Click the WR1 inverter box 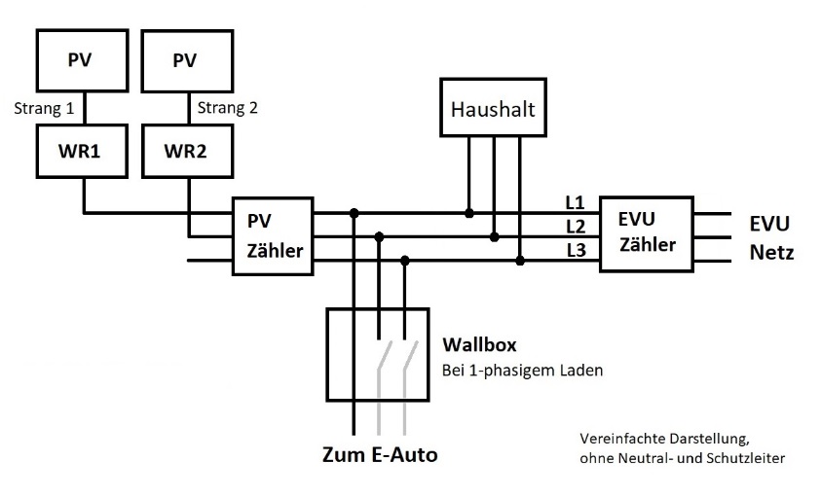tap(83, 154)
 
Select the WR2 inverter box tap(184, 154)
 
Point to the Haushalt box tap(493, 110)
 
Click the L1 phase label tap(575, 203)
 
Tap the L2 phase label tap(575, 226)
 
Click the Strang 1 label tap(44, 108)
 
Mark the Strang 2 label tap(228, 108)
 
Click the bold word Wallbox tap(478, 344)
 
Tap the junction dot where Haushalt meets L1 tap(468, 212)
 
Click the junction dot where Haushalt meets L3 tap(521, 260)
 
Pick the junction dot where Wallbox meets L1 tap(354, 212)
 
